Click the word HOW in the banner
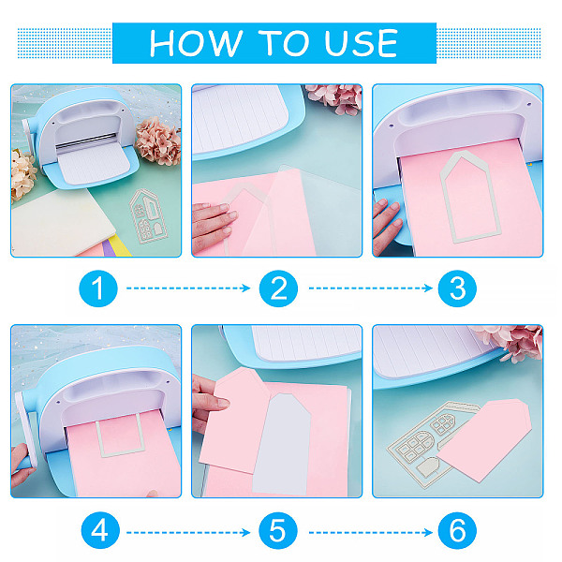click(x=196, y=43)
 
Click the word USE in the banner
click(x=361, y=43)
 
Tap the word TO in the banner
click(x=283, y=43)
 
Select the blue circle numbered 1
click(x=98, y=288)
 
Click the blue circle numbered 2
click(x=278, y=288)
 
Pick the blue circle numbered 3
click(x=457, y=288)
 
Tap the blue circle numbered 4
click(x=100, y=530)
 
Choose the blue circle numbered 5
click(x=278, y=530)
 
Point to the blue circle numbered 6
click(x=457, y=530)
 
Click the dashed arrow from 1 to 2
click(x=188, y=288)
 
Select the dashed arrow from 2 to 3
click(x=371, y=288)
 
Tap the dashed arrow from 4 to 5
click(x=188, y=533)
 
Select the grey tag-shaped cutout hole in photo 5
click(x=282, y=444)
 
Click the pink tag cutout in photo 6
click(x=484, y=439)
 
